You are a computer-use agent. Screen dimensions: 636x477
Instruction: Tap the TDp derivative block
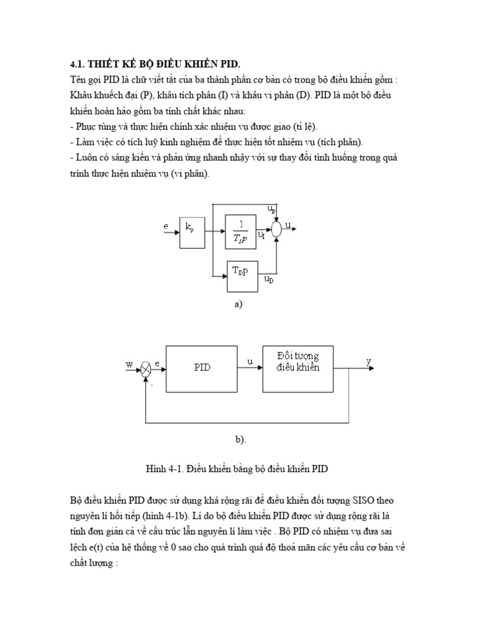pos(240,274)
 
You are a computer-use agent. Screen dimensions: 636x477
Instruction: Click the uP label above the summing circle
pos(272,211)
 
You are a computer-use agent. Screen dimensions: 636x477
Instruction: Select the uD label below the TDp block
pos(268,281)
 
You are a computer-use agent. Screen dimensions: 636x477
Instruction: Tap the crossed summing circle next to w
pos(146,368)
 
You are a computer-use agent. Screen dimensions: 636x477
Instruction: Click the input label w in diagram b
pos(130,365)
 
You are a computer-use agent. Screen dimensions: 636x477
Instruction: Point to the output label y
pos(368,361)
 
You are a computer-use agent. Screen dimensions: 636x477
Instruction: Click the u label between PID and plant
pos(250,361)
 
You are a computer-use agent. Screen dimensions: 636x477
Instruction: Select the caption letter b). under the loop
pos(240,440)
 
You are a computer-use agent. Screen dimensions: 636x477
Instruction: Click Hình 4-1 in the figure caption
pos(163,470)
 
